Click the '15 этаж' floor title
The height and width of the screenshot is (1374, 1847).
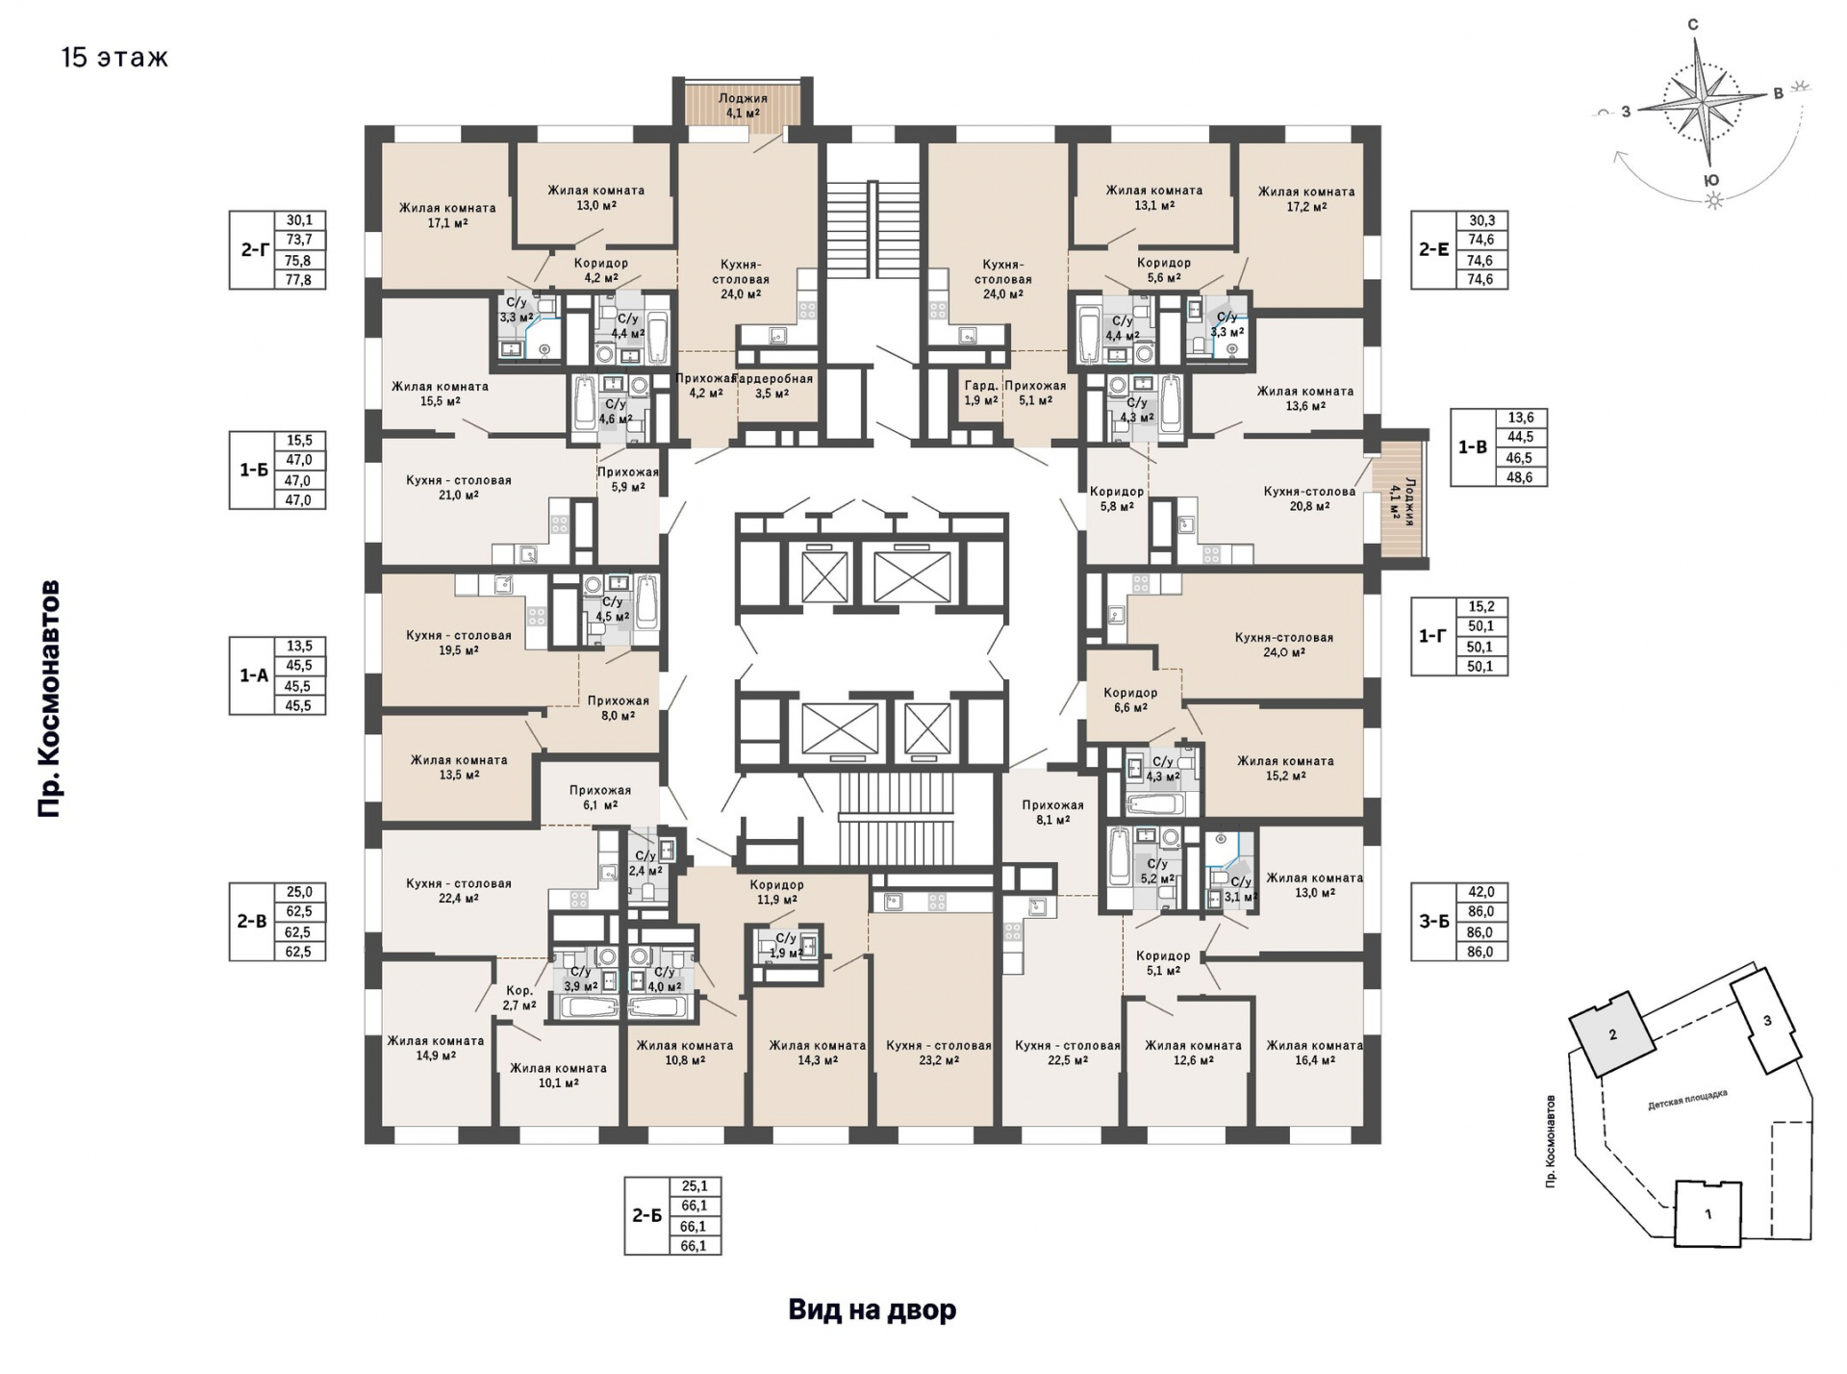click(x=114, y=58)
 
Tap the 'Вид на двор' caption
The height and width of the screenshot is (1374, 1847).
click(x=873, y=1310)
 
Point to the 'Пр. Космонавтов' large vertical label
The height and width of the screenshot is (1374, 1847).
click(x=49, y=699)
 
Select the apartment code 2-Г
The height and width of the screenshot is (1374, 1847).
click(x=254, y=250)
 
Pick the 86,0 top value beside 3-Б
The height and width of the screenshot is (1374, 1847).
click(x=1480, y=911)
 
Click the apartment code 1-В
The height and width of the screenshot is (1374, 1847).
click(x=1473, y=447)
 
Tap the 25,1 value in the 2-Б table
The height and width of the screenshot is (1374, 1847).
click(x=695, y=1186)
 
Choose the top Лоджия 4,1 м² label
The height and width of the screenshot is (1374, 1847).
click(x=743, y=105)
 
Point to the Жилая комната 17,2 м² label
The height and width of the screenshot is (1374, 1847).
click(x=1306, y=198)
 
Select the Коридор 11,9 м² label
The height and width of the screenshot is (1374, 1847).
click(x=776, y=892)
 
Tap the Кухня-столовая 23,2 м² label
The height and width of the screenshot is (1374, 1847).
click(x=939, y=1053)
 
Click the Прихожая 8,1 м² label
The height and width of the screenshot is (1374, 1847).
click(x=1053, y=812)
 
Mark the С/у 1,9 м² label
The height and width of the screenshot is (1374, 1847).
click(x=786, y=946)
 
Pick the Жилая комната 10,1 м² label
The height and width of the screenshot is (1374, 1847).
click(x=558, y=1075)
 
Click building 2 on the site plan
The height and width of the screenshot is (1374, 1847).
click(x=1612, y=1034)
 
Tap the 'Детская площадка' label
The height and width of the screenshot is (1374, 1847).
click(x=1687, y=1100)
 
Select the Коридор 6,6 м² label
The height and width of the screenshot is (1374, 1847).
click(x=1130, y=700)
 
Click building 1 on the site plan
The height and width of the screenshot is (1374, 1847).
click(x=1708, y=1214)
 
